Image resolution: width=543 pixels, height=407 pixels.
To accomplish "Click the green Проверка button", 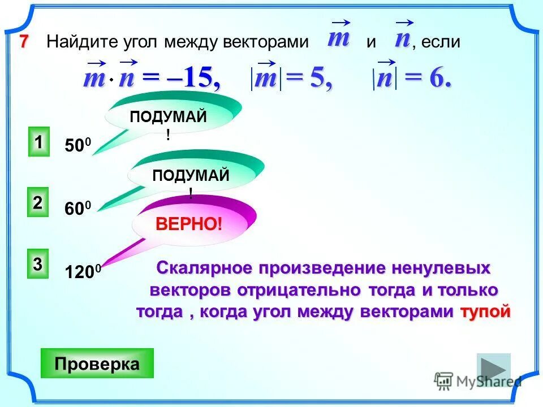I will point(97,363).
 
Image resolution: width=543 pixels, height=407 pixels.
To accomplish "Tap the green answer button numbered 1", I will point(39,142).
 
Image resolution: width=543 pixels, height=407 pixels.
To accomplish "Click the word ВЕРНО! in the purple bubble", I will point(189,224).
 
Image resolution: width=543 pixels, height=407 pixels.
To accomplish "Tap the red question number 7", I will point(23,41).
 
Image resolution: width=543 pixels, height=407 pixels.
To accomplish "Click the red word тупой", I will point(485,311).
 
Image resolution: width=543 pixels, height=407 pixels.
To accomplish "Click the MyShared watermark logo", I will point(478,380).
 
